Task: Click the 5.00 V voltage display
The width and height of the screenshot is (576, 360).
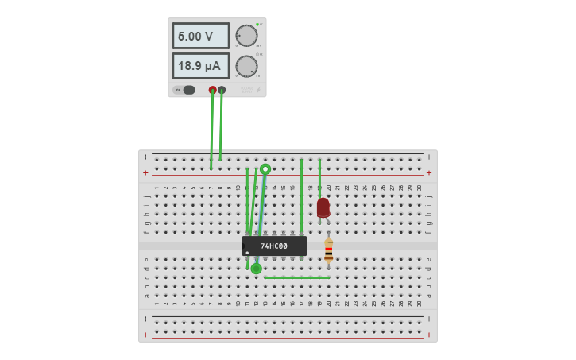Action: click(x=200, y=36)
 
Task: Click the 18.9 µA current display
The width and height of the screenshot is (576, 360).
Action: click(x=200, y=66)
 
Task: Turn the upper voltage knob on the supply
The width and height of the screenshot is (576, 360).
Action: click(x=246, y=36)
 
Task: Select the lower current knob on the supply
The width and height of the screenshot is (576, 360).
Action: click(x=246, y=66)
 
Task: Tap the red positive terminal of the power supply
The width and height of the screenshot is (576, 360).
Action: click(x=212, y=90)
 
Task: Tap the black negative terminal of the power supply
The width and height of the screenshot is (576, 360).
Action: click(x=222, y=90)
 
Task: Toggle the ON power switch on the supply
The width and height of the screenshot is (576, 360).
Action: click(x=188, y=90)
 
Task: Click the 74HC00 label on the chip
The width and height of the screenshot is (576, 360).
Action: click(x=274, y=246)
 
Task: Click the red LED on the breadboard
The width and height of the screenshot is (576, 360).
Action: click(x=323, y=207)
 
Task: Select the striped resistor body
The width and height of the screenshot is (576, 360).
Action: click(x=328, y=251)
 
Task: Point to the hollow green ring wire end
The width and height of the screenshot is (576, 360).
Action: click(x=265, y=168)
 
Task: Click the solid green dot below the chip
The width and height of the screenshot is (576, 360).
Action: click(x=256, y=269)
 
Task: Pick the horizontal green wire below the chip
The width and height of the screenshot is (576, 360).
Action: click(x=296, y=277)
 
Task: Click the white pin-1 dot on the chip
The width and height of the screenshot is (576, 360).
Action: click(x=247, y=253)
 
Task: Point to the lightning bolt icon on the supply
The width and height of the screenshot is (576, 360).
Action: click(x=257, y=90)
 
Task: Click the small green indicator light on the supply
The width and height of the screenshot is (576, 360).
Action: click(x=257, y=24)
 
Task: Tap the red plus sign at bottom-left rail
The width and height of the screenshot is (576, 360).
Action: click(x=145, y=335)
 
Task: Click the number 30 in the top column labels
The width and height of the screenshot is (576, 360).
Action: click(x=419, y=188)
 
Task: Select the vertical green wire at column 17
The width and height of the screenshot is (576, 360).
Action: click(x=301, y=195)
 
